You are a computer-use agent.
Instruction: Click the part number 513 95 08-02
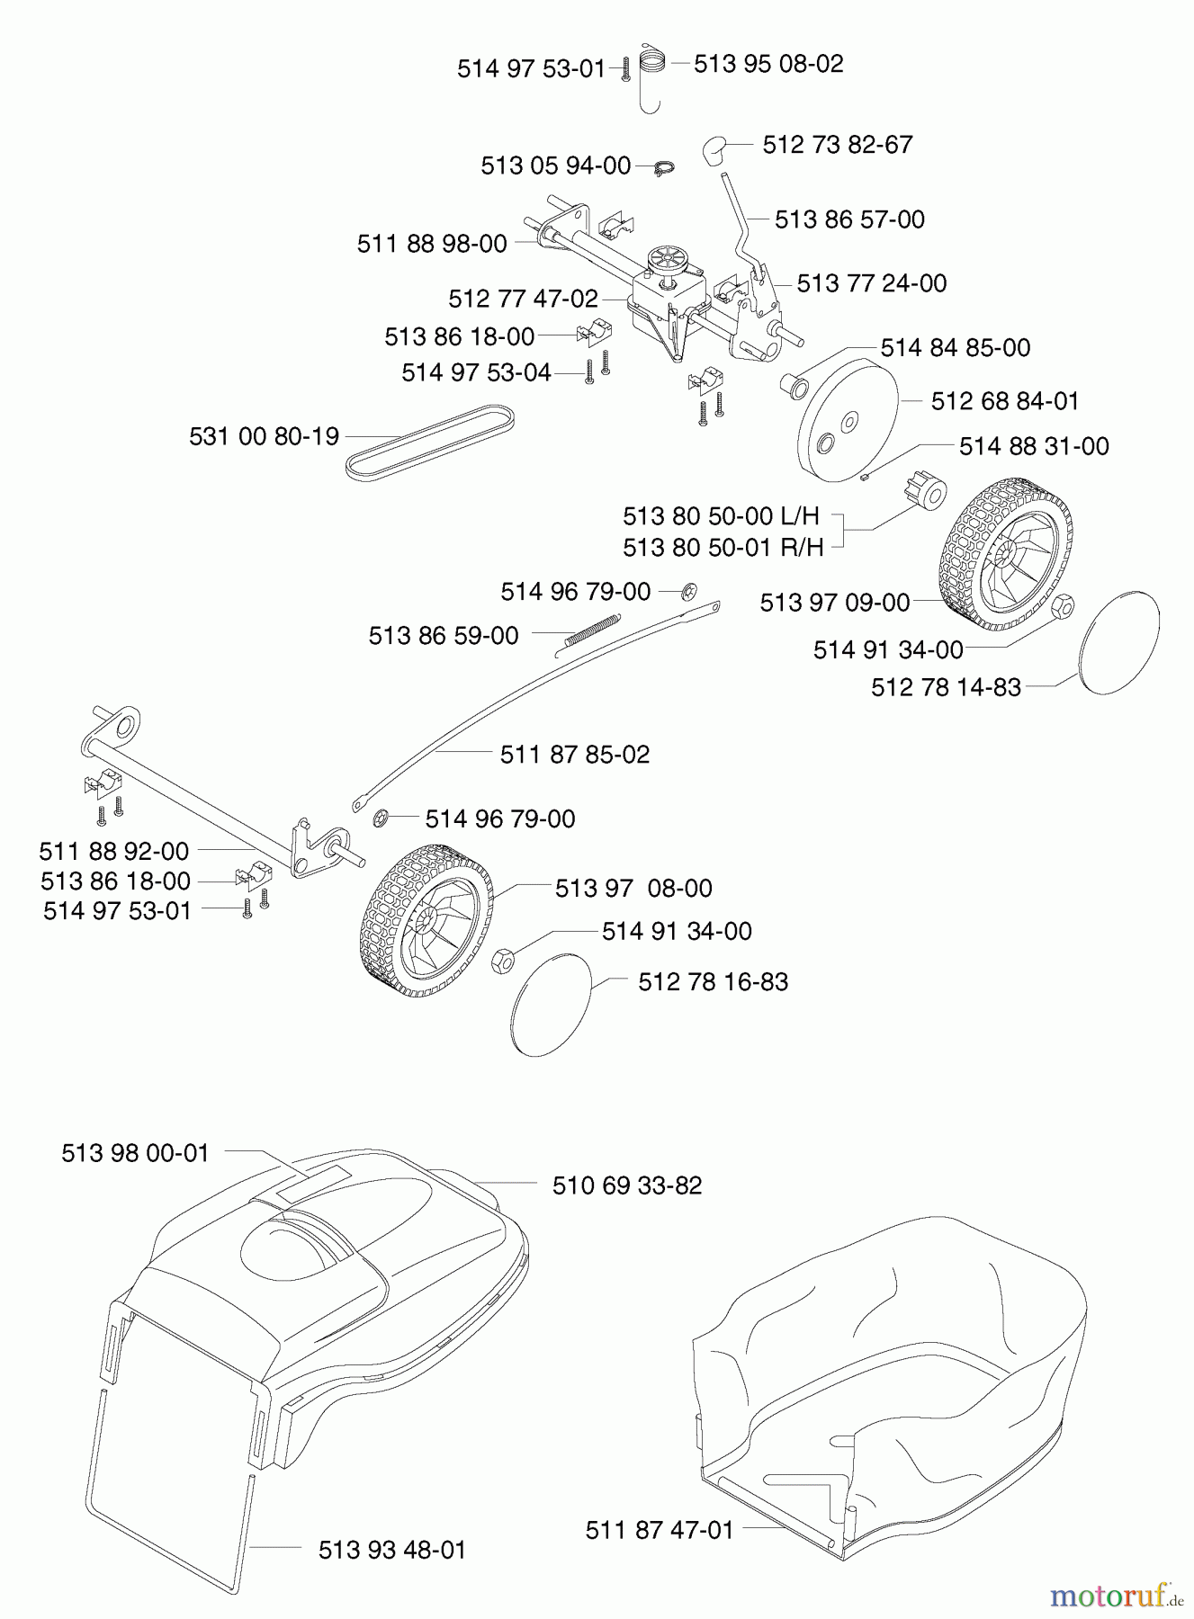(768, 64)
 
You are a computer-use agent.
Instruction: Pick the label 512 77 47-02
(523, 298)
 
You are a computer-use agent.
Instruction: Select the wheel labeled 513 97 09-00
(1006, 554)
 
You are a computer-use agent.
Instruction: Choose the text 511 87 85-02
(575, 754)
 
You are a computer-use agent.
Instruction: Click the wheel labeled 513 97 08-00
(427, 919)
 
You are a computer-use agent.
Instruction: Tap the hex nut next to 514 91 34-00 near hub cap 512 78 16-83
(503, 961)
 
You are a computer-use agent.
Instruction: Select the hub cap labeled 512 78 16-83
(551, 1004)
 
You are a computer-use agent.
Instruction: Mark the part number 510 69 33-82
(627, 1185)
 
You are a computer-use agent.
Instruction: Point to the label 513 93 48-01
(392, 1551)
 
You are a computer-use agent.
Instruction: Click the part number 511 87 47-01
(660, 1530)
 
